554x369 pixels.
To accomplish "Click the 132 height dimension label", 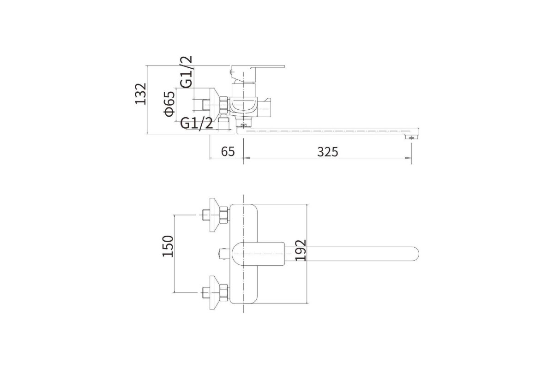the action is pos(141,94).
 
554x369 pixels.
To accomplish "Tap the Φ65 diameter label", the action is pos(169,104).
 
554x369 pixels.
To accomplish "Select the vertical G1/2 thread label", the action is pos(186,72).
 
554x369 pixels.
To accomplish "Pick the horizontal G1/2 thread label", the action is pos(196,123).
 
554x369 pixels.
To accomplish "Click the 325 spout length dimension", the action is pos(327,152).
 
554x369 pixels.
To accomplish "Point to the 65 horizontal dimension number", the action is pos(228,151).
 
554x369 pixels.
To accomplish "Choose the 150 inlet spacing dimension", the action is pos(168,246).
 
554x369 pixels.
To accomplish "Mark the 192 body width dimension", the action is pos(301,250).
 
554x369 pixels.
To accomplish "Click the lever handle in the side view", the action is pos(257,74).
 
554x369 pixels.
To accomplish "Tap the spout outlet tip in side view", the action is pos(412,137).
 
